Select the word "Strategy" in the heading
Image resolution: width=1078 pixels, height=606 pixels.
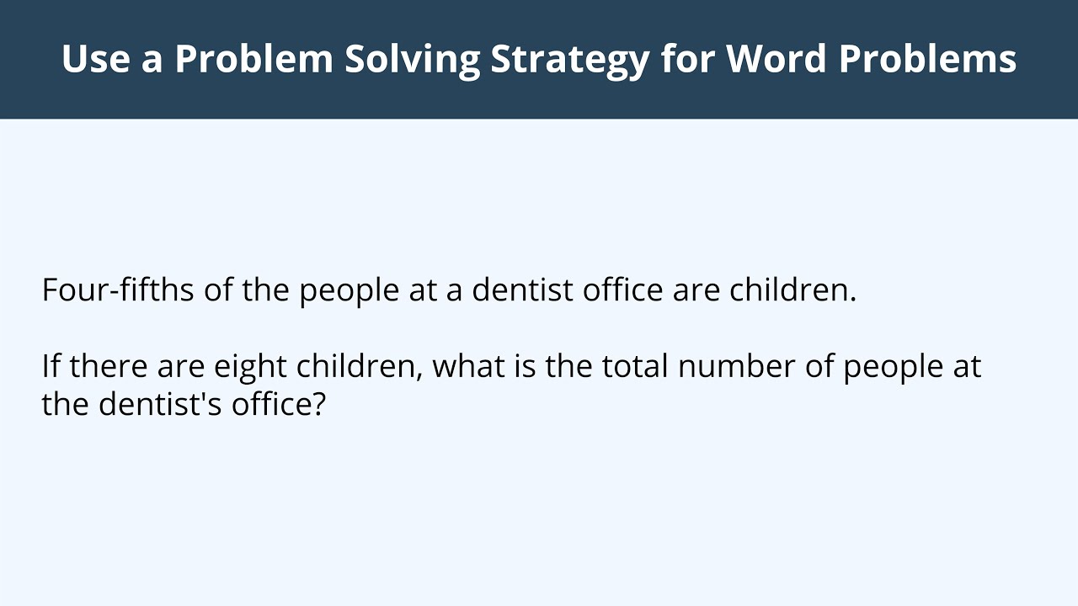point(569,59)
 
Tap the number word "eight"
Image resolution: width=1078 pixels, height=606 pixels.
point(251,367)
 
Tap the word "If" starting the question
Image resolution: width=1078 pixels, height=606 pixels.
point(51,367)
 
